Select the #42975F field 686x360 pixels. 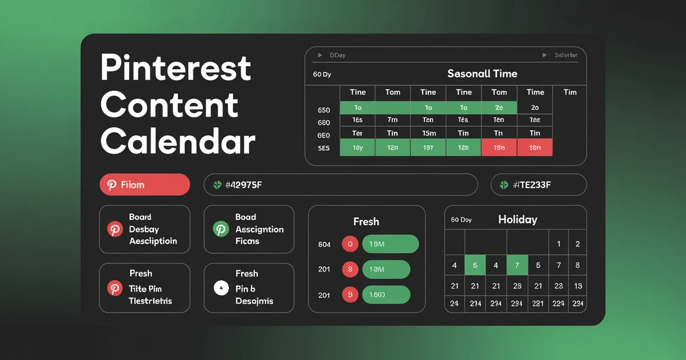point(340,185)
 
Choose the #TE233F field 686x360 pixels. point(538,185)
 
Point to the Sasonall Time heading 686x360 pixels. point(482,74)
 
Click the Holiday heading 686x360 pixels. point(517,219)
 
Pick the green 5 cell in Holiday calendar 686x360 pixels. point(474,265)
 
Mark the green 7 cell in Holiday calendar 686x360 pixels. point(517,265)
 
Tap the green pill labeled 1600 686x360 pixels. point(386,295)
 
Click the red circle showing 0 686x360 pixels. point(349,244)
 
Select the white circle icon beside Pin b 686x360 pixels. point(221,288)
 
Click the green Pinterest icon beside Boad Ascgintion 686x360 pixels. point(221,229)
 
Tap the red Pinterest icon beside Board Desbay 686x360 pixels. point(115,229)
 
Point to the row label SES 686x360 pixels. point(324,148)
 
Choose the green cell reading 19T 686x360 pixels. point(428,147)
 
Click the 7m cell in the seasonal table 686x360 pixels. point(392,120)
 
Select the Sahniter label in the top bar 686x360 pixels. point(565,55)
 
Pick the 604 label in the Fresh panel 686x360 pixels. point(324,245)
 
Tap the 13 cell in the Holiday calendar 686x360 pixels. point(577,286)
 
